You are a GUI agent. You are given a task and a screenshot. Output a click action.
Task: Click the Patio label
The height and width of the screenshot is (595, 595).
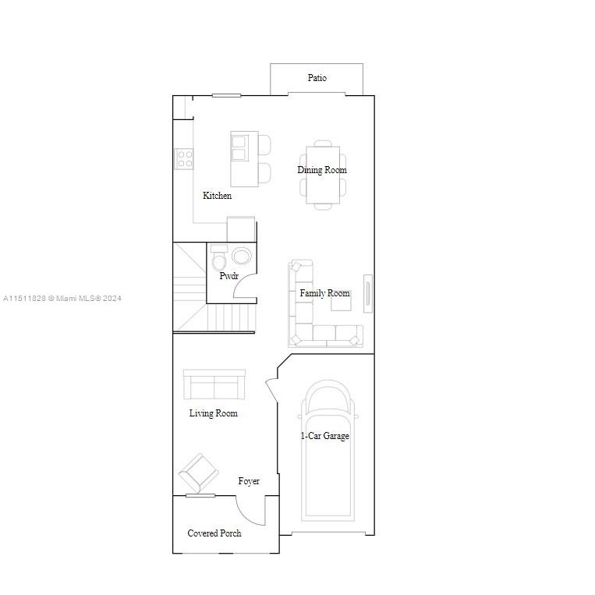click(x=317, y=78)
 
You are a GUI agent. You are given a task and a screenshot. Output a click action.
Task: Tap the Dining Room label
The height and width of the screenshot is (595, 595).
click(x=321, y=170)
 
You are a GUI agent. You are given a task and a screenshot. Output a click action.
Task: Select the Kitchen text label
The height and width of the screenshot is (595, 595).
click(x=217, y=196)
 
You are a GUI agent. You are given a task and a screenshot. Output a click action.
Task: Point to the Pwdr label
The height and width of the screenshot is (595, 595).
click(x=228, y=276)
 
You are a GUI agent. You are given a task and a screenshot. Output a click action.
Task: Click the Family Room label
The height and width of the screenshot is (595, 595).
click(x=324, y=293)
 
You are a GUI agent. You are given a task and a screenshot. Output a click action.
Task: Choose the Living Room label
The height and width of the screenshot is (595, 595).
click(x=213, y=413)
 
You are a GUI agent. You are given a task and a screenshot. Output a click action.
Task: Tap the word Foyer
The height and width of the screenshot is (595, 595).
click(x=249, y=481)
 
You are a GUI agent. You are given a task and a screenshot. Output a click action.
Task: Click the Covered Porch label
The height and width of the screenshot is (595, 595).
click(x=214, y=533)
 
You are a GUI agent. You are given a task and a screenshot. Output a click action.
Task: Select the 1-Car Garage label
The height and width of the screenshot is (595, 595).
click(x=325, y=436)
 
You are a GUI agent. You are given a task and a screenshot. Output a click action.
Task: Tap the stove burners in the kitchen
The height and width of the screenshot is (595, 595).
click(x=185, y=159)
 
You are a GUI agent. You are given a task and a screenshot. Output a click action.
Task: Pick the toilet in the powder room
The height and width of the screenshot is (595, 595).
click(x=219, y=258)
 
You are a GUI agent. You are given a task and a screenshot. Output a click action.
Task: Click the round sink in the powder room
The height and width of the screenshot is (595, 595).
click(x=242, y=256)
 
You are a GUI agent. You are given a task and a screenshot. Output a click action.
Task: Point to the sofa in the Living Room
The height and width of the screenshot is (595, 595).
click(x=214, y=384)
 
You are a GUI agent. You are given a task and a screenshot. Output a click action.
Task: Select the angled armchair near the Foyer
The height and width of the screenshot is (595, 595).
click(x=198, y=473)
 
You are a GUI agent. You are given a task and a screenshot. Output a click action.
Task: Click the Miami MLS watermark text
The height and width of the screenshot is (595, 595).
click(x=62, y=298)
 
